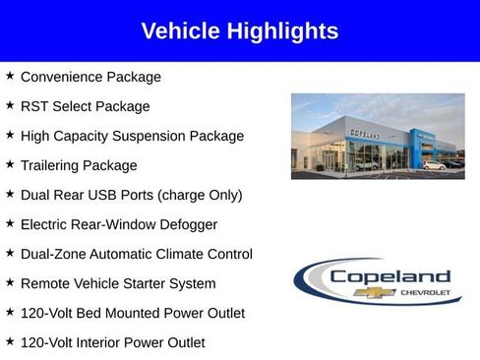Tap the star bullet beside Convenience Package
click(10, 76)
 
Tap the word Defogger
click(187, 224)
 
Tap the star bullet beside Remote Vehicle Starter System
click(10, 282)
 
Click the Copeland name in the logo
click(390, 277)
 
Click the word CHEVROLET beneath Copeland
click(425, 293)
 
